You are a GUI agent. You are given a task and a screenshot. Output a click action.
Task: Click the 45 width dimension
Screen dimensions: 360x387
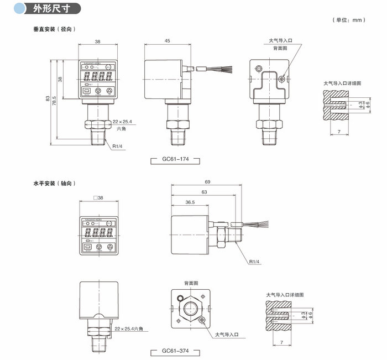(x=166, y=41)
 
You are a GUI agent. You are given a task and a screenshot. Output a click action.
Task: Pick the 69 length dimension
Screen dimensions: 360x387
(x=207, y=181)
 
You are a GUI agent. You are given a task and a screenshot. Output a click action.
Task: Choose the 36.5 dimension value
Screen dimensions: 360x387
(x=189, y=202)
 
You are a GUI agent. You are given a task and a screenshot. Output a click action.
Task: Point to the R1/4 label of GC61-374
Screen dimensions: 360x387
(x=254, y=262)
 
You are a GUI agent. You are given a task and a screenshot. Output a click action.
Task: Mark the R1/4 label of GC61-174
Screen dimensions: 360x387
(x=117, y=147)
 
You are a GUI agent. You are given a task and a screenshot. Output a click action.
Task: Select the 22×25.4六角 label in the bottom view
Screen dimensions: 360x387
(x=129, y=328)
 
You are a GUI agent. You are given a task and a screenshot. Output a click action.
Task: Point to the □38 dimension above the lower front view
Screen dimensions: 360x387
(x=98, y=198)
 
